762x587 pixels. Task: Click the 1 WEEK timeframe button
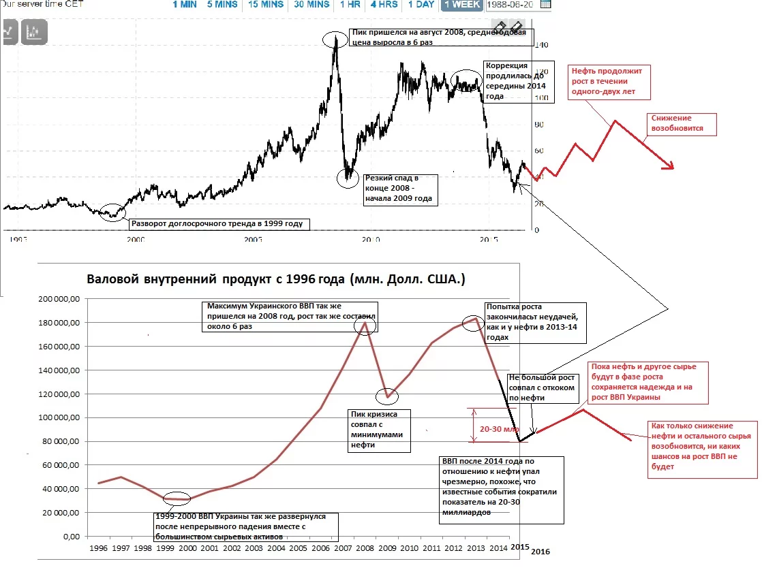point(461,5)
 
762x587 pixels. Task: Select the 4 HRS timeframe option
point(384,5)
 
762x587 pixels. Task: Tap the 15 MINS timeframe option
point(266,5)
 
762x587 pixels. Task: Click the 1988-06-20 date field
point(513,5)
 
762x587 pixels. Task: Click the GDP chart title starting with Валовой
point(276,279)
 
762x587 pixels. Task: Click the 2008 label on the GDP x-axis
point(365,548)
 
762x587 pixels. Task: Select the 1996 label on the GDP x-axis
point(99,548)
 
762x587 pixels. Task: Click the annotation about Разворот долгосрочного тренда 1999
point(216,223)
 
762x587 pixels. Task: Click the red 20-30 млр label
point(493,429)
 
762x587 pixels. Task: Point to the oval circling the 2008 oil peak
point(335,39)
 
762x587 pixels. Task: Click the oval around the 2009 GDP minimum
point(386,396)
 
